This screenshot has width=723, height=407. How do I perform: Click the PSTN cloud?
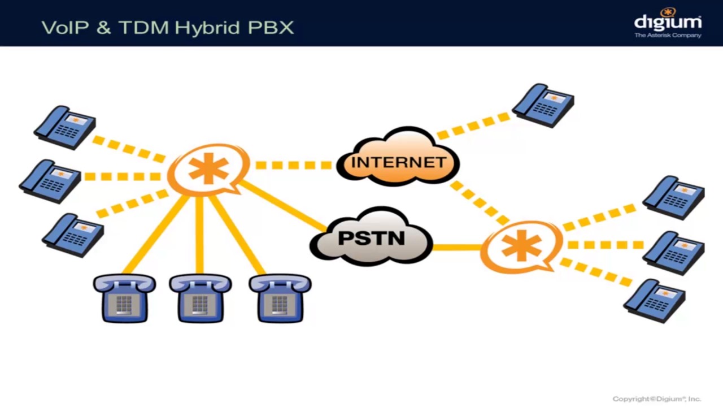(x=371, y=238)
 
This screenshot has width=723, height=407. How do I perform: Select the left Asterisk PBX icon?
(x=208, y=168)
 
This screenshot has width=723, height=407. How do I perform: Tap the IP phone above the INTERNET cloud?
(x=543, y=105)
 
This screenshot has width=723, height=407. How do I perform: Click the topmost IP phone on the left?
(x=65, y=127)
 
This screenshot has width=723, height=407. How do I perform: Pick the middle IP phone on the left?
(x=50, y=181)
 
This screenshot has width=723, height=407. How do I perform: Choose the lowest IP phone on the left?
(x=73, y=235)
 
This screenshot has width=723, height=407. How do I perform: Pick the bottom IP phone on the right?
(x=655, y=300)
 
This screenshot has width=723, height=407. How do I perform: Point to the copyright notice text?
(x=656, y=399)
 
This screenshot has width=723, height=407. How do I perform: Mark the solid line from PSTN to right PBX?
(x=456, y=247)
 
